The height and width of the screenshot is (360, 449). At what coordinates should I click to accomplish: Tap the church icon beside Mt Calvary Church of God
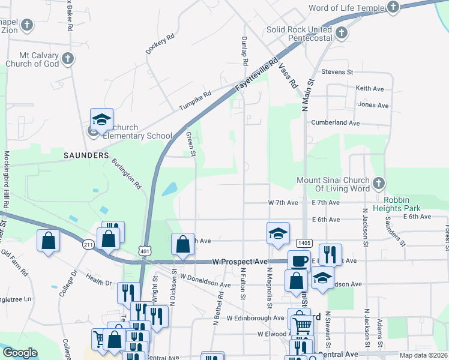[x=68, y=59]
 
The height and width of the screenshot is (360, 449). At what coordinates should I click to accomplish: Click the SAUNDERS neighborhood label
[x=86, y=155]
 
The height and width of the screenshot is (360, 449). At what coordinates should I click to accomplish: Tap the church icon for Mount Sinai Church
[x=378, y=183]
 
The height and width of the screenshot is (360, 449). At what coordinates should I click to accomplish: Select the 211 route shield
[x=88, y=244]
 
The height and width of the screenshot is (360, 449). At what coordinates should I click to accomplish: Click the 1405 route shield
[x=304, y=242]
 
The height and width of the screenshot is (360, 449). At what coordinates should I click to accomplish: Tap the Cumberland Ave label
[x=335, y=122]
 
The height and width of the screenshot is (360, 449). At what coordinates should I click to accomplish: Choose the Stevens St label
[x=337, y=72]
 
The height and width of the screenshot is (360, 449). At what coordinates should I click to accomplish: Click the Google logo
[x=20, y=353]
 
